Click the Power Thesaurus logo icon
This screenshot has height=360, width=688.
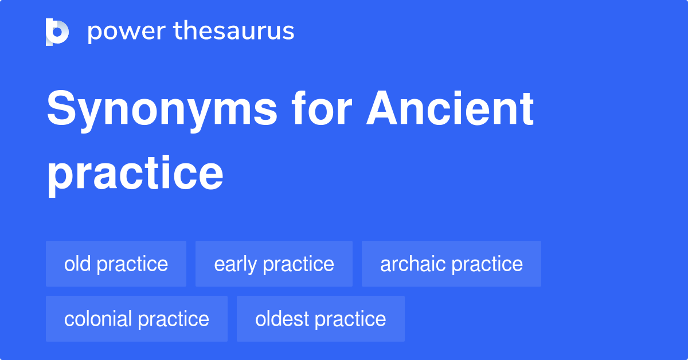pos(57,32)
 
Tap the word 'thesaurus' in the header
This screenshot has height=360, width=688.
pos(234,32)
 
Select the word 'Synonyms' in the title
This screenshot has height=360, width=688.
pos(162,110)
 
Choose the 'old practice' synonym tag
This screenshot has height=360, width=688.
pos(116,264)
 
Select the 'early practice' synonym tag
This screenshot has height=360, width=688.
pos(274,264)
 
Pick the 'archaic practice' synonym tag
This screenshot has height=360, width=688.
pos(451,264)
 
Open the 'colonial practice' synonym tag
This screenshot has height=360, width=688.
pos(136,319)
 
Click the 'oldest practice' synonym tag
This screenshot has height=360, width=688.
pos(320,319)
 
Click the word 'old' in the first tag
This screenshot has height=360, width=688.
pos(77,264)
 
